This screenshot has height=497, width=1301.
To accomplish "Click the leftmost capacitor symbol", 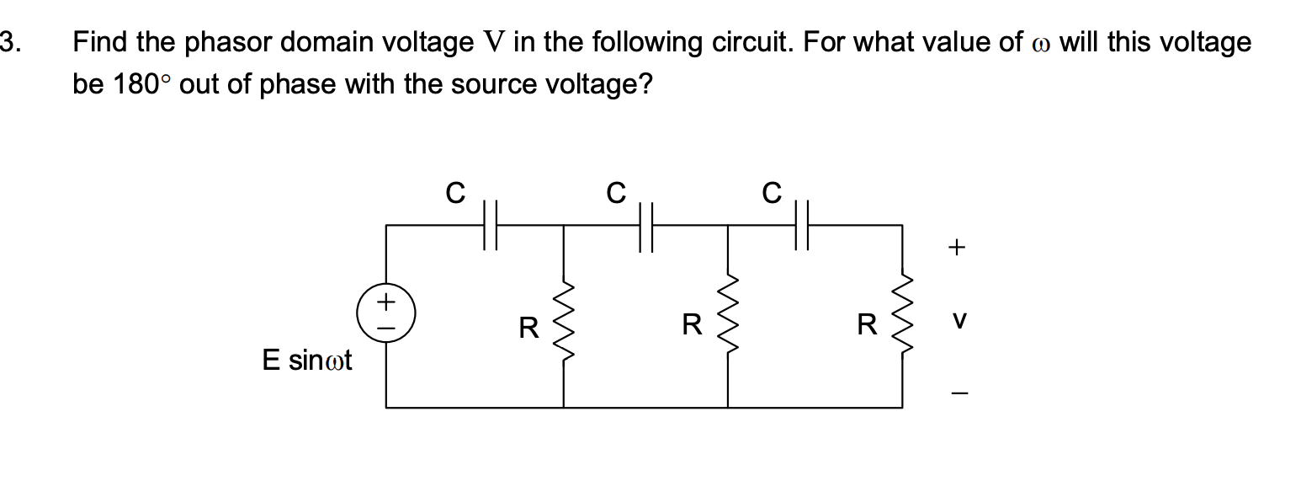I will pyautogui.click(x=491, y=225).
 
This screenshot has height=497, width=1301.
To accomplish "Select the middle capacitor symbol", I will pyautogui.click(x=646, y=225).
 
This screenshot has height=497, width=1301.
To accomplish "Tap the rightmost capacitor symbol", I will pyautogui.click(x=800, y=225).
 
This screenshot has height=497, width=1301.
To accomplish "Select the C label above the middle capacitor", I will pyautogui.click(x=616, y=194).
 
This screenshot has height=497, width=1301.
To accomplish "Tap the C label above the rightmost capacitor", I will pyautogui.click(x=772, y=194).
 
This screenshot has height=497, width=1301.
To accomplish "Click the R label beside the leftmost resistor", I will pyautogui.click(x=528, y=327).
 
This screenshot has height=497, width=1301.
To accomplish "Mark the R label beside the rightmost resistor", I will pyautogui.click(x=867, y=325).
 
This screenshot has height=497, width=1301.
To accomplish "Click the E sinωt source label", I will pyautogui.click(x=307, y=361).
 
